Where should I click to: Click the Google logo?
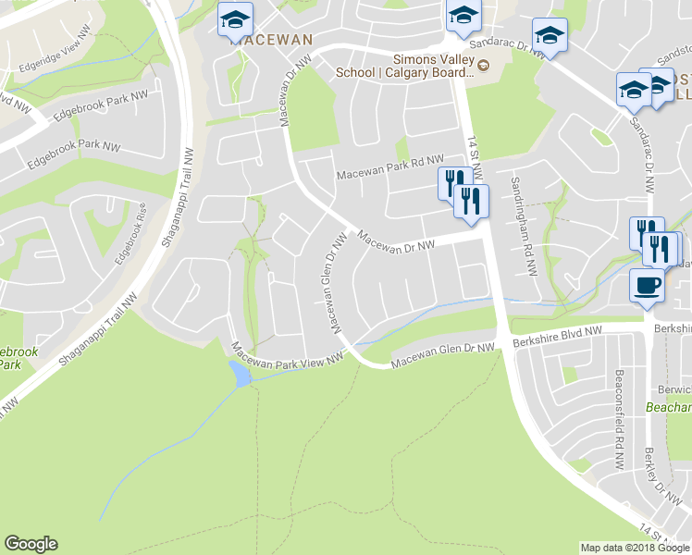coord(31,544)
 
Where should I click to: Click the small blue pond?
coord(240,374)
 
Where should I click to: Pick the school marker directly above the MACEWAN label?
coord(235,18)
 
